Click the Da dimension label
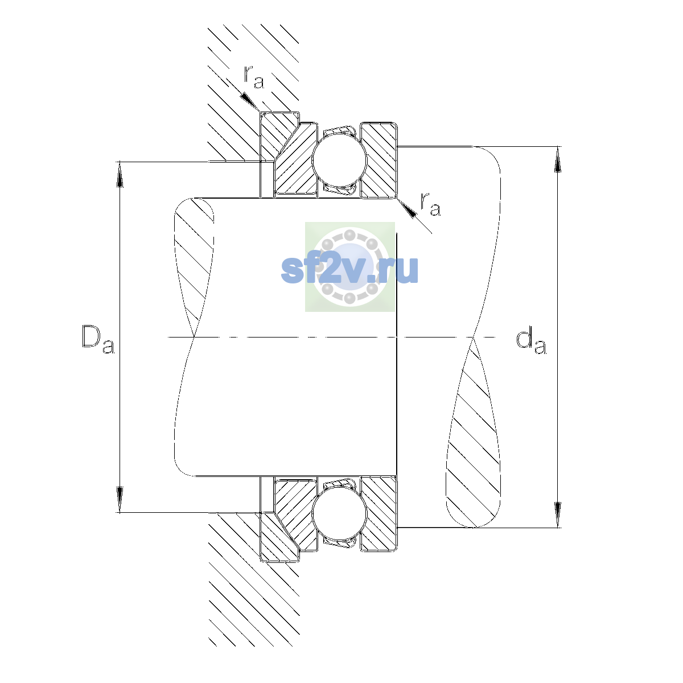coord(98,340)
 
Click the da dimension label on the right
coord(531,341)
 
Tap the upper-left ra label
coord(254,77)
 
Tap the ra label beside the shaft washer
coord(430,204)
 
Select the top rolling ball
coord(339,161)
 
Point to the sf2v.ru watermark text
coord(349,270)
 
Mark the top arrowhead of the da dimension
coord(558,159)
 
